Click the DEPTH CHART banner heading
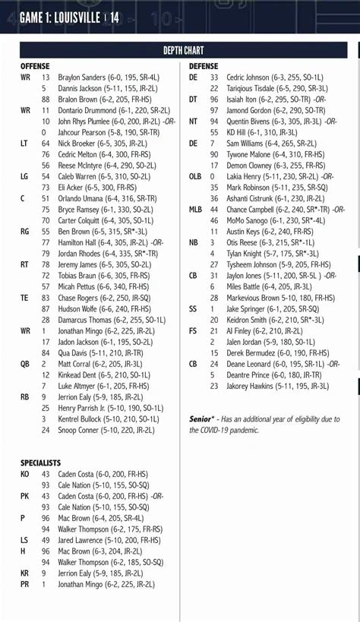pyautogui.click(x=180, y=51)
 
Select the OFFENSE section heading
pyautogui.click(x=35, y=67)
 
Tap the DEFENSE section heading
pyautogui.click(x=204, y=67)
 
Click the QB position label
pyautogui.click(x=26, y=364)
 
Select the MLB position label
pyautogui.click(x=196, y=210)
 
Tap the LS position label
pyautogui.click(x=24, y=540)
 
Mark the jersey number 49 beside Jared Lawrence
pyautogui.click(x=46, y=540)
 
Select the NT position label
pyautogui.click(x=194, y=122)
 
